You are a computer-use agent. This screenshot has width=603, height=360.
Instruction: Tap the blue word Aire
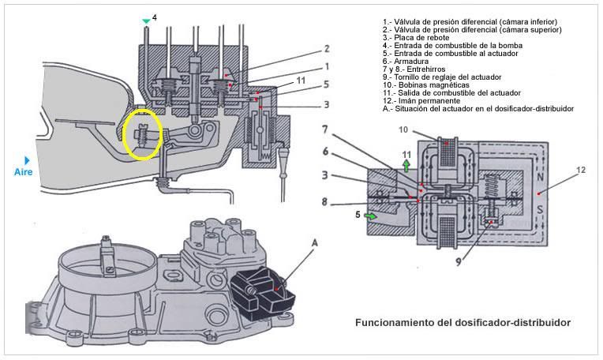pos(24,171)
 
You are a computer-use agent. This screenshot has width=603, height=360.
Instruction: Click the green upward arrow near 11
pos(406,165)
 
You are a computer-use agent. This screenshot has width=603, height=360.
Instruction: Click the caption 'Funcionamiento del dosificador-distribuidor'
pos(463,323)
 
